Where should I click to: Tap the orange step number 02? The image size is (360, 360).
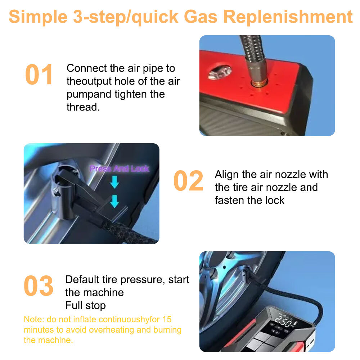click(x=188, y=181)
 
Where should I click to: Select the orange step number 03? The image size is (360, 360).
click(x=39, y=286)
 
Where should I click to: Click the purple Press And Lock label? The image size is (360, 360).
click(x=119, y=168)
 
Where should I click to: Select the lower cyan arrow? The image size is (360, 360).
click(x=114, y=201)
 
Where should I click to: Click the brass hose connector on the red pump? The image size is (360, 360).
click(x=257, y=84)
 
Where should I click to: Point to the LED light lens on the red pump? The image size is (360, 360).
click(x=220, y=72)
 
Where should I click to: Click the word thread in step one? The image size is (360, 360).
click(x=82, y=107)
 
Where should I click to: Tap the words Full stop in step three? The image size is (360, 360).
click(x=85, y=306)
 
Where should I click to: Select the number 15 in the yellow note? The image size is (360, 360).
click(x=167, y=319)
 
